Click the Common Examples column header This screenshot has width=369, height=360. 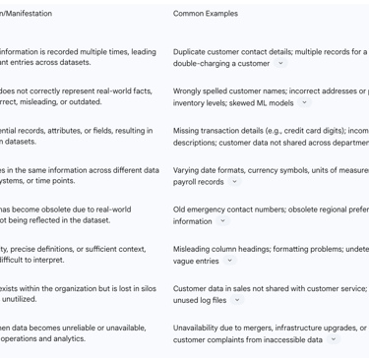tap(210, 14)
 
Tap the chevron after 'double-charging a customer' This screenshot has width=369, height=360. tap(280, 64)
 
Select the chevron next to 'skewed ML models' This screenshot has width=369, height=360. tap(304, 102)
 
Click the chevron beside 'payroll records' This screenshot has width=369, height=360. tap(234, 182)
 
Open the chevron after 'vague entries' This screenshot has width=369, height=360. tap(230, 261)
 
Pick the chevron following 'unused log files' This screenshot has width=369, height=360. tap(237, 300)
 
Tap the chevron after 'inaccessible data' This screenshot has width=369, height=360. tap(333, 339)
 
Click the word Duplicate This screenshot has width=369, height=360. tap(192, 51)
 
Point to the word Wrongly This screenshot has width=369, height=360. tap(191, 90)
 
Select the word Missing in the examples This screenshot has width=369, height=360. tap(189, 130)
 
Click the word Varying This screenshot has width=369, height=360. tap(189, 169)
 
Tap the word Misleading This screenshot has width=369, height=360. tap(195, 248)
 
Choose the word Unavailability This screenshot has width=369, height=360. tap(200, 327)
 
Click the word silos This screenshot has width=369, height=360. tap(150, 287)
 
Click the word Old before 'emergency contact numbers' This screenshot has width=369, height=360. tap(180, 209)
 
